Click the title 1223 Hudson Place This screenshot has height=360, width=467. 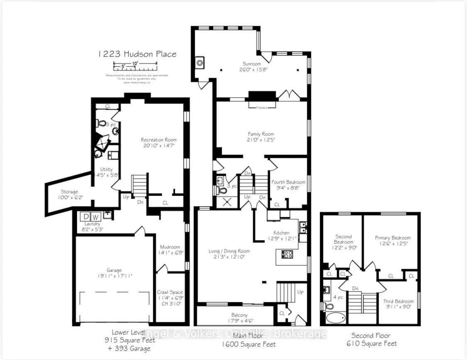coord(137,54)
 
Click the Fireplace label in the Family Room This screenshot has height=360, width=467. coord(262,107)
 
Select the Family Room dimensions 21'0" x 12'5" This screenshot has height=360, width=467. coord(261,140)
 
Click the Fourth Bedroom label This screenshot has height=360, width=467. coord(289,182)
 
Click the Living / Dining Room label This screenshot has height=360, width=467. coord(229,251)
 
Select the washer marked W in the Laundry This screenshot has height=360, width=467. coord(95,217)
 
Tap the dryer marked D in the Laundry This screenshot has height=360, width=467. coord(86,217)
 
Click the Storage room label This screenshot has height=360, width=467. coord(69,192)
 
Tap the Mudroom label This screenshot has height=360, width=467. coord(170,247)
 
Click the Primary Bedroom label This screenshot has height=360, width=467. coord(393,238)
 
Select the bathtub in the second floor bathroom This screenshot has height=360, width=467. coord(335,318)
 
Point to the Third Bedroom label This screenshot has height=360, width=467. coord(398,301)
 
